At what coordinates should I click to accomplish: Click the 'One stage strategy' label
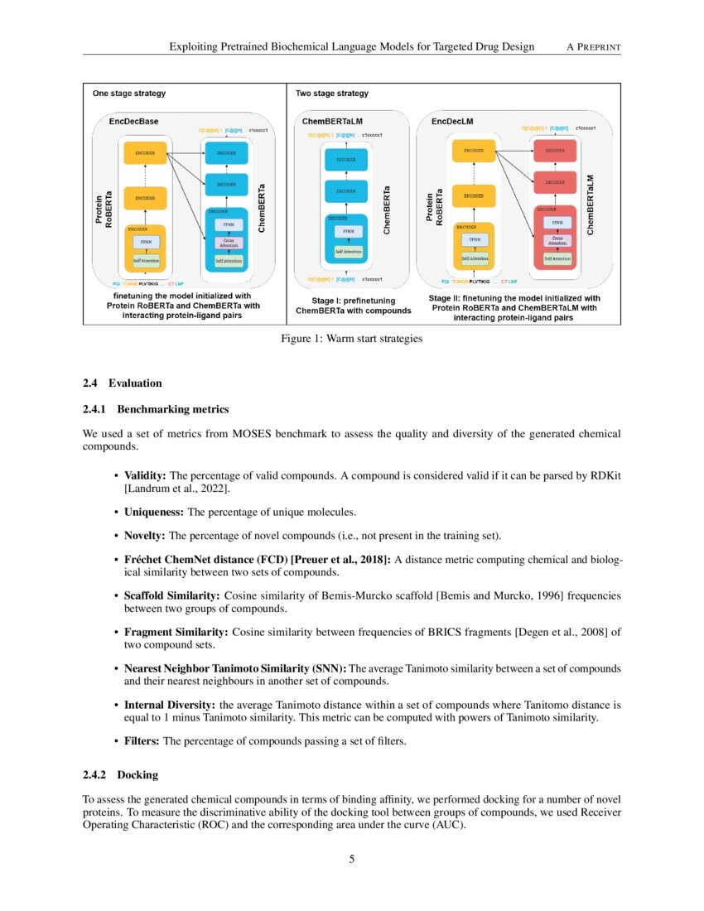(128, 94)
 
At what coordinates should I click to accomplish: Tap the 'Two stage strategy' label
(332, 94)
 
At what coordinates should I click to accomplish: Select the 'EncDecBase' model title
(134, 121)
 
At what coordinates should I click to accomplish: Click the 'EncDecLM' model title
(453, 121)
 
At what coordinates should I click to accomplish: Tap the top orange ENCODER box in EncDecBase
(146, 152)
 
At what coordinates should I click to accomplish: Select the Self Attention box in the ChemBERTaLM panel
(350, 251)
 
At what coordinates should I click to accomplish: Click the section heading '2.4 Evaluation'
(123, 383)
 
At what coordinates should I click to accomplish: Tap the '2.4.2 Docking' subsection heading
(120, 775)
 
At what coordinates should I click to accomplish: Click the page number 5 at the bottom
(352, 859)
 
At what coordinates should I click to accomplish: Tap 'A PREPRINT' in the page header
(593, 47)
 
